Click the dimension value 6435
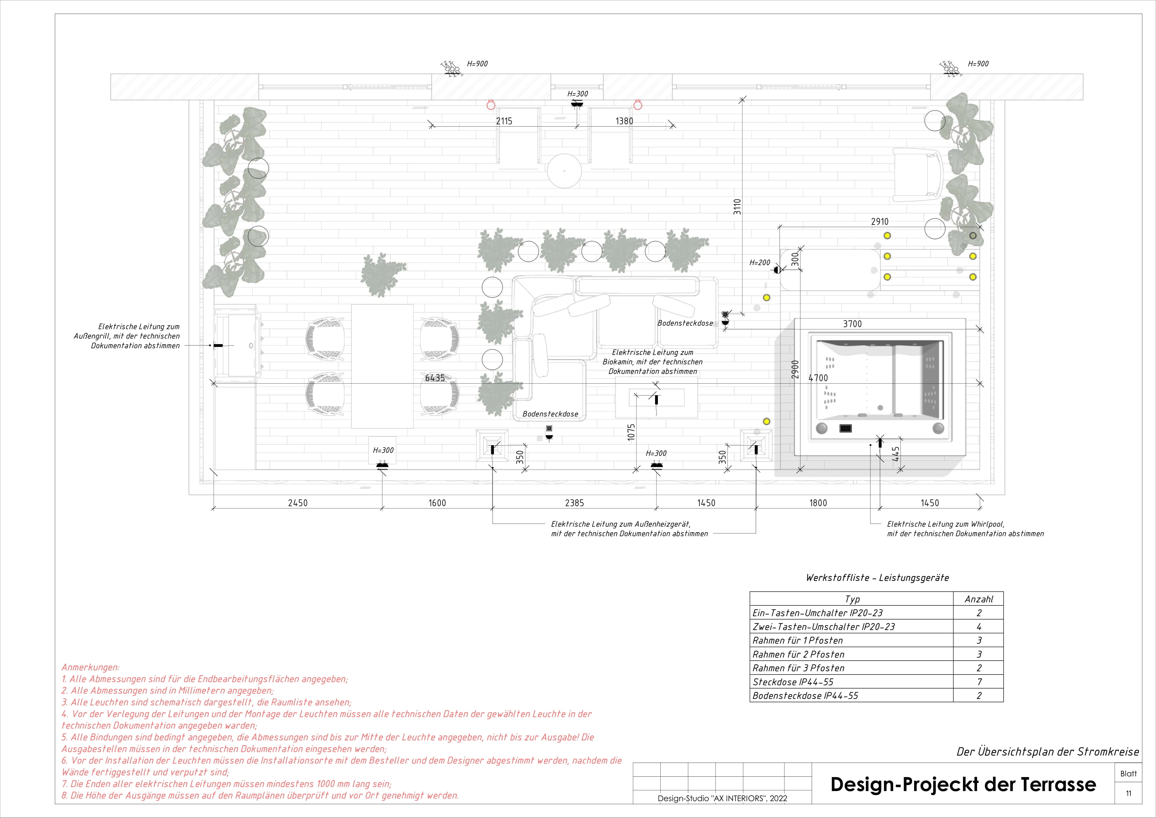coord(435,378)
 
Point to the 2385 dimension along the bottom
coord(574,503)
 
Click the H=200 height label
coord(760,262)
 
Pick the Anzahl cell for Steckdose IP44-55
coord(978,682)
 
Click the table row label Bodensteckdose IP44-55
coord(805,696)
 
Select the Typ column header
coord(852,599)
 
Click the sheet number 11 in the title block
coord(1128,793)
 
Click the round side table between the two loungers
coord(565,171)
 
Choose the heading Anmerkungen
coord(90,667)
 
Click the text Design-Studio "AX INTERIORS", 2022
coord(722,798)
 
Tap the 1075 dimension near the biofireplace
coord(631,433)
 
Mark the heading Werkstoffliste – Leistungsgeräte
coord(877,578)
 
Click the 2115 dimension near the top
coord(504,121)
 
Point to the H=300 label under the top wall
coord(577,94)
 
